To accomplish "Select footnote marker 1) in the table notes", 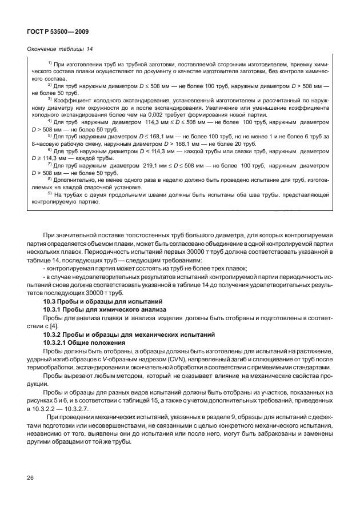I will point(50,62).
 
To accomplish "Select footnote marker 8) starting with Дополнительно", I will point(50,180).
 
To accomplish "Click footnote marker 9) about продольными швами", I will point(50,194).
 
